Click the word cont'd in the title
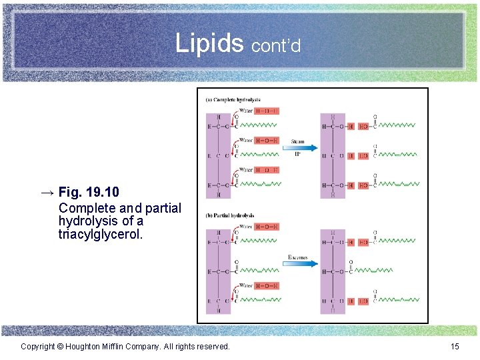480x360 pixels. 277,45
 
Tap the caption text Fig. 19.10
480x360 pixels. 89,192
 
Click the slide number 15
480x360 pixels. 455,347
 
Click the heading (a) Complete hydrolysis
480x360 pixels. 233,100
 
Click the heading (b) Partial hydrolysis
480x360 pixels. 230,215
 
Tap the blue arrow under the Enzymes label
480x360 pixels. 298,263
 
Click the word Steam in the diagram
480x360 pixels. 297,141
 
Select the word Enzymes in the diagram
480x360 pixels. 297,257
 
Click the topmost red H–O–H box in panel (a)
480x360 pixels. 267,111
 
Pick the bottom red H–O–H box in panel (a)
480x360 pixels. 267,170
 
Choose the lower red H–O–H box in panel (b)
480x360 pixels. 267,286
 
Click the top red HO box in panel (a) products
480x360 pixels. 363,126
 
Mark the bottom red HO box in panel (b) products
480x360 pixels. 363,301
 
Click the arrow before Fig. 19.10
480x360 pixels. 46,192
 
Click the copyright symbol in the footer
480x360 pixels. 59,347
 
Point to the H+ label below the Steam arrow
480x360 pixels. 297,154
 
